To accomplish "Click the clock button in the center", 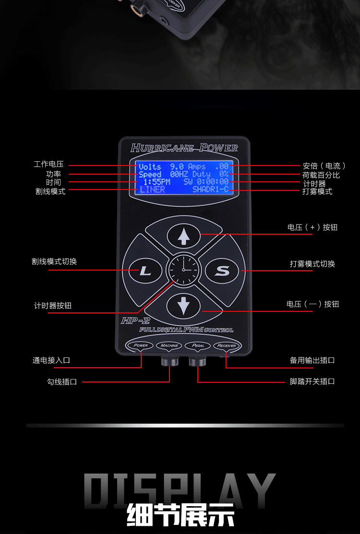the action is coord(183,271).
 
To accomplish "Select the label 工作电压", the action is coord(48,165).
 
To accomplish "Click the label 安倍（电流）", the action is coord(324,166).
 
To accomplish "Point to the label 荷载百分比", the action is coord(321,175).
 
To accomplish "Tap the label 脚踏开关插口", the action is coord(312,381).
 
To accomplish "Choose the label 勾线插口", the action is coord(62,382).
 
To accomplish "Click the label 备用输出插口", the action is coord(312,360).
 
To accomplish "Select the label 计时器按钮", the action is coord(53,306).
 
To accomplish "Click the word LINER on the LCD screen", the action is coord(153,190).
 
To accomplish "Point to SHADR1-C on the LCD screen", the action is coord(210,190).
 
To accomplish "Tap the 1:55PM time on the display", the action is coord(156,182).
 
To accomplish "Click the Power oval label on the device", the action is coord(141,345).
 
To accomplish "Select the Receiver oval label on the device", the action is coord(226,345).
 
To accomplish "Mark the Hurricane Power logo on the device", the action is coord(184,147).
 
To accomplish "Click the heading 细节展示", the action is coord(180,515).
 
